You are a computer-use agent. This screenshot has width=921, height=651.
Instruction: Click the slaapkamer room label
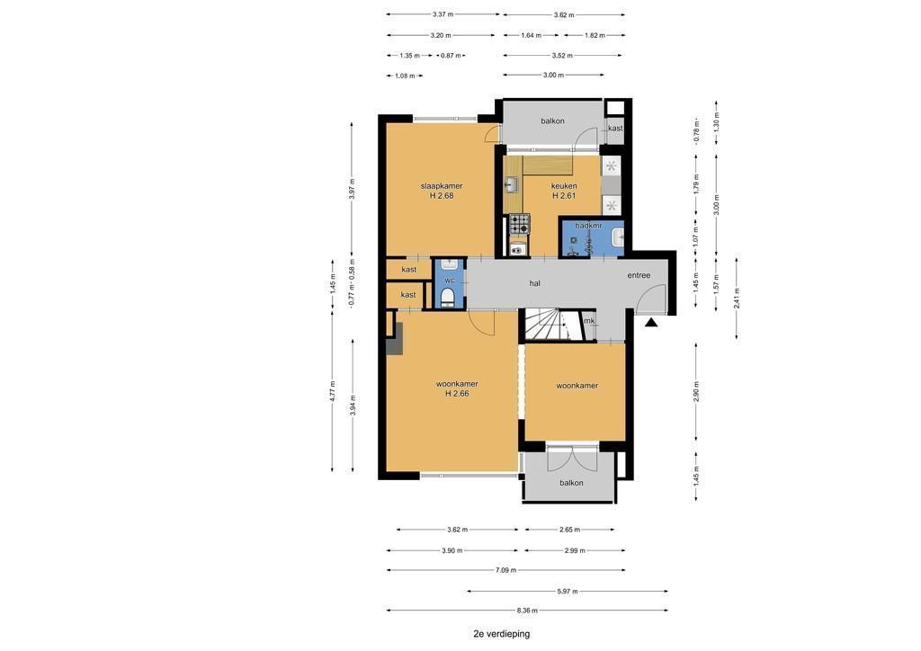coord(442,186)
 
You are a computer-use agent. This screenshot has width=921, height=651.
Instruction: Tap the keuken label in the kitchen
coord(564,186)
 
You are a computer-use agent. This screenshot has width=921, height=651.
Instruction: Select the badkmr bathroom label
coord(588,226)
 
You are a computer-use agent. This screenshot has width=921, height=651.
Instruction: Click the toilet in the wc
coord(448,297)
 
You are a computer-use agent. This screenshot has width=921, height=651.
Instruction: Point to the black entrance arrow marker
coord(651,322)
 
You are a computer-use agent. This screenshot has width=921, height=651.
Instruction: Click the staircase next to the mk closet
coord(549,325)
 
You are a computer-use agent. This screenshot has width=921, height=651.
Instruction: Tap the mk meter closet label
coord(589,320)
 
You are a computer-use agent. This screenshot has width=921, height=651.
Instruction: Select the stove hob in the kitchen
coord(519,224)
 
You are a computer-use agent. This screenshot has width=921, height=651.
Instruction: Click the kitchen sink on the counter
coord(511,185)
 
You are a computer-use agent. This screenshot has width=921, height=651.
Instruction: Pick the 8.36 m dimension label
coord(527,611)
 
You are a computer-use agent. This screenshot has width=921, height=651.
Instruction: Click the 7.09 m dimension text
coord(505,570)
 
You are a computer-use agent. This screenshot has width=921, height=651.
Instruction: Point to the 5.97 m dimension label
coord(568,591)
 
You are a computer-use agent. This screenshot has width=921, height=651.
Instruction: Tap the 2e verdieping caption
coord(502,634)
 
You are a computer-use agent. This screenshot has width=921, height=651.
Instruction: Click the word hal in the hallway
coord(534,283)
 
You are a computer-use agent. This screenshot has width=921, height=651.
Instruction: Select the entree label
coord(639,275)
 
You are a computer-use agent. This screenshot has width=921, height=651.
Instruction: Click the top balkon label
coord(553,120)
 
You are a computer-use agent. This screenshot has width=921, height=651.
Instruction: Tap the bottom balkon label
coord(571,483)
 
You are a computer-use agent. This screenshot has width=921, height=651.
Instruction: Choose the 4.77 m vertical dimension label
coord(333,391)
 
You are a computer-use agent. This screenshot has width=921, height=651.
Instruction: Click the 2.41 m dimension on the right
coord(737,298)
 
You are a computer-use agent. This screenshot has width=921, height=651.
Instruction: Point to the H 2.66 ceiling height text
coord(457,394)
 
